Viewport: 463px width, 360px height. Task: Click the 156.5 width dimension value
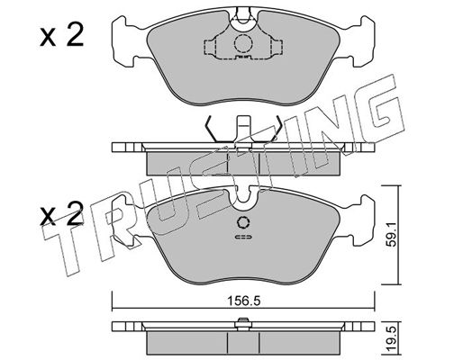point(243,301)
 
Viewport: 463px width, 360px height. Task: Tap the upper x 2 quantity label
point(61,36)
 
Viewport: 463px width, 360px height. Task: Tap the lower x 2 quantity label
point(61,214)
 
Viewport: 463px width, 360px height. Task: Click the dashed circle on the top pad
point(243,44)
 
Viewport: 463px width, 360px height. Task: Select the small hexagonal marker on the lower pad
point(243,222)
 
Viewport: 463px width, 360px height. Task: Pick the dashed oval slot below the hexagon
point(243,237)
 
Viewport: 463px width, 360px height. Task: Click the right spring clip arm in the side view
point(275,129)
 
